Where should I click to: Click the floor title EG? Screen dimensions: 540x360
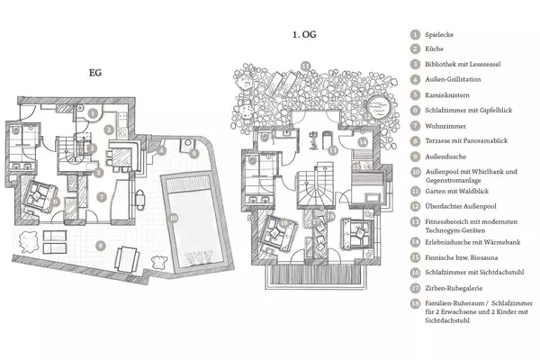pos(95,73)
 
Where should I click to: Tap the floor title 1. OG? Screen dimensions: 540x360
pos(304,34)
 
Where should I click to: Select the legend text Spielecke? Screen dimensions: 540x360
pos(439,35)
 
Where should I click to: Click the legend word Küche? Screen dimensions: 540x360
pos(435,49)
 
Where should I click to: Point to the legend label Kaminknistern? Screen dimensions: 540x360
pos(447,95)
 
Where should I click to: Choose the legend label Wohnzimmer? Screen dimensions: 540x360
pos(445,126)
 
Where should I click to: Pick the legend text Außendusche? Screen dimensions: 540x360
pos(445,157)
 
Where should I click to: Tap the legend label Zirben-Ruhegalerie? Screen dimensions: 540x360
pos(454,288)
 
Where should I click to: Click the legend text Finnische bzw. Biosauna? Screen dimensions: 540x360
pos(461,257)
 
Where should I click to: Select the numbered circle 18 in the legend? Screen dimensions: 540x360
pos(415,303)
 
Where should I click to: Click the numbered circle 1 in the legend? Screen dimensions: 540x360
pos(415,34)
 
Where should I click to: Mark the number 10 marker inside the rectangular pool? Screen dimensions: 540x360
pos(173,218)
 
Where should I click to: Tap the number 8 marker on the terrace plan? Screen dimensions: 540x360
pos(101,246)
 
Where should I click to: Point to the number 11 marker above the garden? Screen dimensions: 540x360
pos(305,66)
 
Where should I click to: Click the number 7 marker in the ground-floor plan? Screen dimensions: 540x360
pos(101,197)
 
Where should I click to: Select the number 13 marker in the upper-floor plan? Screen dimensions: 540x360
pos(333,150)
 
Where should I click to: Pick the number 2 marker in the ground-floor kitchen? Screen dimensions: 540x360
pos(109,130)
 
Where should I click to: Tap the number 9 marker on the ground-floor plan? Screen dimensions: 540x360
pos(193,153)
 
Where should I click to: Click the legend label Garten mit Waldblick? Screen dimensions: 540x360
pos(456,191)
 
